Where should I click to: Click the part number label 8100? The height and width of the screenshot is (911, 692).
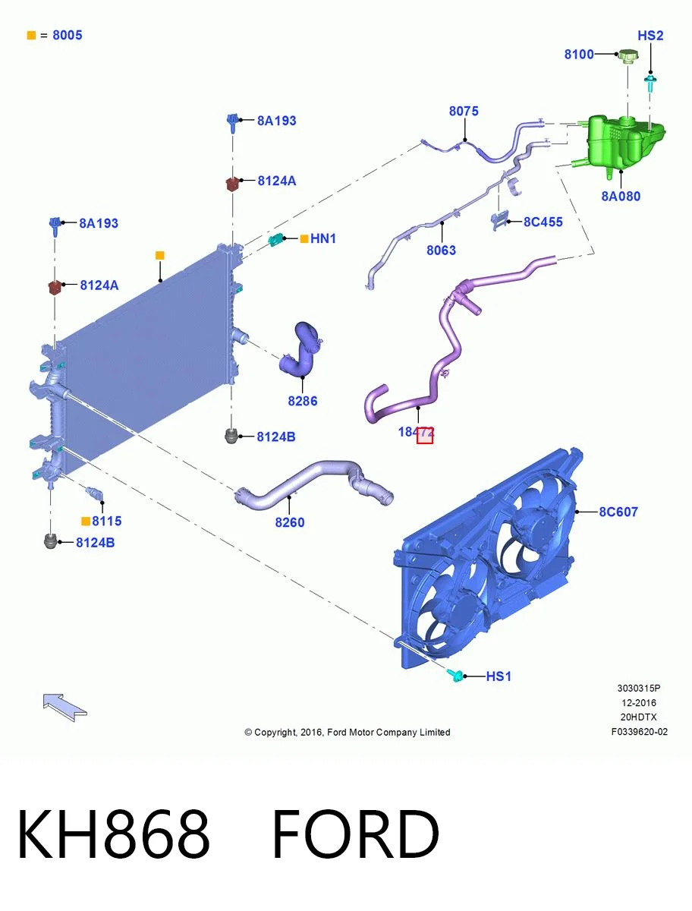click(x=579, y=55)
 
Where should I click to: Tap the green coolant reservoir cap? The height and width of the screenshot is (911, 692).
click(x=628, y=56)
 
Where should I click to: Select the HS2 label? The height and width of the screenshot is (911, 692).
click(x=650, y=36)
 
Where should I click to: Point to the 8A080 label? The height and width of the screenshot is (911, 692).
click(x=621, y=197)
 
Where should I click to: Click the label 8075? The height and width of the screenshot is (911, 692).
click(x=464, y=112)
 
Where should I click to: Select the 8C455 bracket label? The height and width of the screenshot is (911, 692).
click(x=543, y=222)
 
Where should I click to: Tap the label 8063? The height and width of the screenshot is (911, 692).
click(x=441, y=251)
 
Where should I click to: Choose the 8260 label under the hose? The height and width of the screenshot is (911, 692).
click(x=289, y=522)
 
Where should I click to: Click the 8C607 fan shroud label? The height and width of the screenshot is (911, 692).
click(x=618, y=512)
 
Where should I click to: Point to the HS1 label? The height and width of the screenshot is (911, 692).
click(x=499, y=676)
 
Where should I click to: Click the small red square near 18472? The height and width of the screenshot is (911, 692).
click(x=425, y=435)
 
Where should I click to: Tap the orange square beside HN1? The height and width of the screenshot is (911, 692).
click(x=304, y=238)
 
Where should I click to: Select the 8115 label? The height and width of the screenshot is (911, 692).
click(x=106, y=521)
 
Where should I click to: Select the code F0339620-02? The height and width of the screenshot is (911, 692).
click(x=639, y=732)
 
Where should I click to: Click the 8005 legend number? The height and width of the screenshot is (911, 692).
click(x=68, y=35)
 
